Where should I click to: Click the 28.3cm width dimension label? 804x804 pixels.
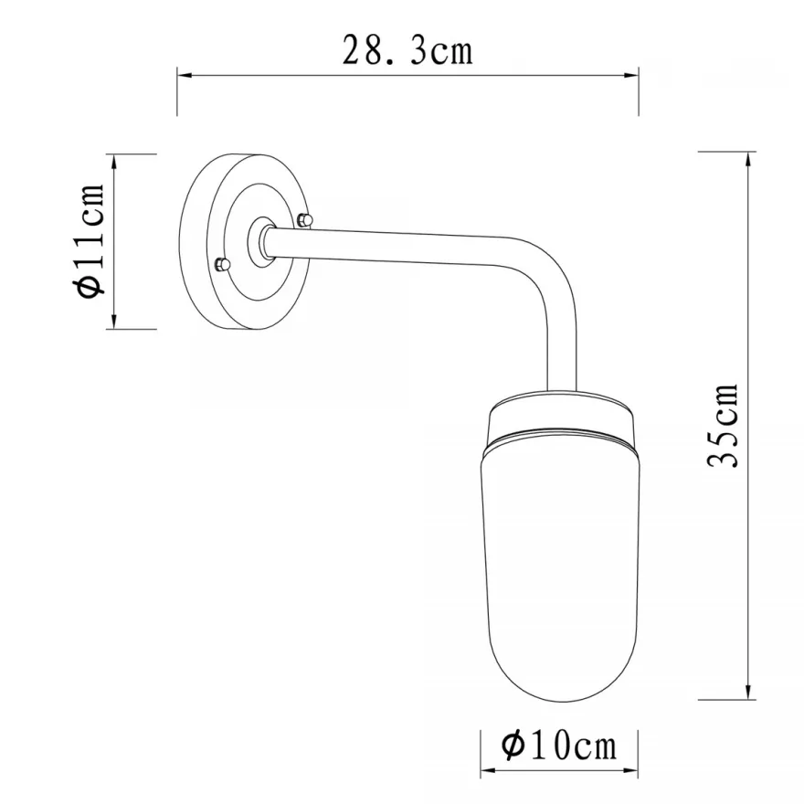pyautogui.click(x=407, y=51)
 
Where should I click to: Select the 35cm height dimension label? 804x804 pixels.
pyautogui.click(x=723, y=425)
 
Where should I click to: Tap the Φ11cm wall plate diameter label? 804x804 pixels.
pyautogui.click(x=90, y=240)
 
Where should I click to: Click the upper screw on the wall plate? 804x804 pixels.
pyautogui.click(x=305, y=219)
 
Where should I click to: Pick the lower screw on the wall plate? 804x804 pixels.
pyautogui.click(x=222, y=264)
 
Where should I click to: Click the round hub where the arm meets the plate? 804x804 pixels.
pyautogui.click(x=262, y=241)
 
